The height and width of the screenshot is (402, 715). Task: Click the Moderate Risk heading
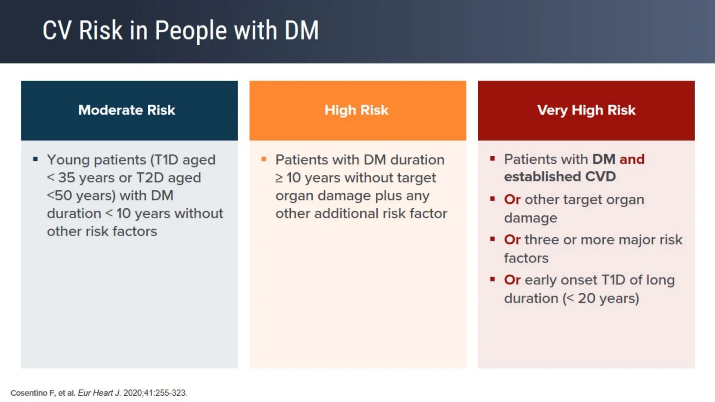click(x=126, y=110)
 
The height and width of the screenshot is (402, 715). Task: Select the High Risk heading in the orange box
click(x=356, y=110)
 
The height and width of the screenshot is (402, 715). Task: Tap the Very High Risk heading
click(x=586, y=110)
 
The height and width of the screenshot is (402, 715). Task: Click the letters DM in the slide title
click(x=301, y=31)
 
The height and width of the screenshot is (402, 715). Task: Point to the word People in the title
click(x=191, y=31)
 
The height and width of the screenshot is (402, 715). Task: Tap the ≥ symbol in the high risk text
click(x=279, y=178)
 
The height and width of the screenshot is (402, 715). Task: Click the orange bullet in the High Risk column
click(x=264, y=159)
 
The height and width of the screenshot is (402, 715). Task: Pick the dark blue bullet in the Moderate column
click(x=35, y=159)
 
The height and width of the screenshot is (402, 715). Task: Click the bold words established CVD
click(x=560, y=177)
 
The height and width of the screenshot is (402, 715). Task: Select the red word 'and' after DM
click(x=632, y=159)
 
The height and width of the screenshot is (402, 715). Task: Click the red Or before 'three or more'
click(x=512, y=240)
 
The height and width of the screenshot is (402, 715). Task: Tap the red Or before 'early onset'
click(x=512, y=280)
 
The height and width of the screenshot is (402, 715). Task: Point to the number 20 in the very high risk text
click(x=586, y=298)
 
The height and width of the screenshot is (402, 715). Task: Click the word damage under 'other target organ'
click(x=530, y=218)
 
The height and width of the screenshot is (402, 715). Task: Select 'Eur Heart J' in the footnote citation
click(x=99, y=393)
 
